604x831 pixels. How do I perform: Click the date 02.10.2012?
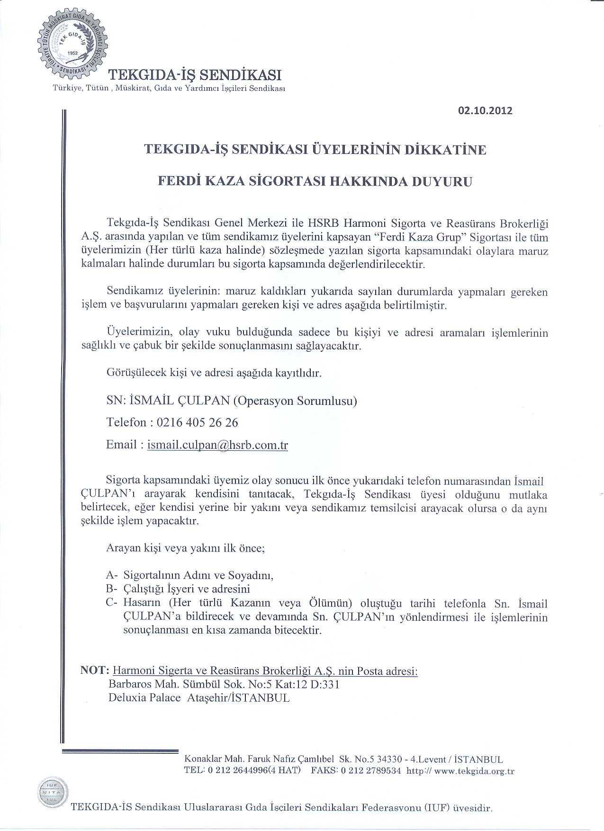pyautogui.click(x=485, y=111)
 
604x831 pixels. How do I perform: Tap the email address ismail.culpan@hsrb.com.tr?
pyautogui.click(x=217, y=445)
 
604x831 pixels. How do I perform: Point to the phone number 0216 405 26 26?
pyautogui.click(x=197, y=422)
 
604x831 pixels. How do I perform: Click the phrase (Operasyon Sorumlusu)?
pyautogui.click(x=295, y=401)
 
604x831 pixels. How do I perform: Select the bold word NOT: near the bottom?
pyautogui.click(x=95, y=670)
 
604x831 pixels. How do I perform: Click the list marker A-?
pyautogui.click(x=111, y=575)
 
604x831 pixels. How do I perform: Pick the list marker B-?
pyautogui.click(x=111, y=589)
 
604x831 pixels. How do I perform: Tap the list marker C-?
pyautogui.click(x=111, y=603)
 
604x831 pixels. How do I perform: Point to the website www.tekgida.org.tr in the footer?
pyautogui.click(x=474, y=771)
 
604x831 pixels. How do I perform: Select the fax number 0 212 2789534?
pyautogui.click(x=370, y=771)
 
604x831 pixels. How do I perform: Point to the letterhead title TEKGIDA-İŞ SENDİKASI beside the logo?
pyautogui.click(x=195, y=75)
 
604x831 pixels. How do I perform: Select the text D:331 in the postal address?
pyautogui.click(x=325, y=684)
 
